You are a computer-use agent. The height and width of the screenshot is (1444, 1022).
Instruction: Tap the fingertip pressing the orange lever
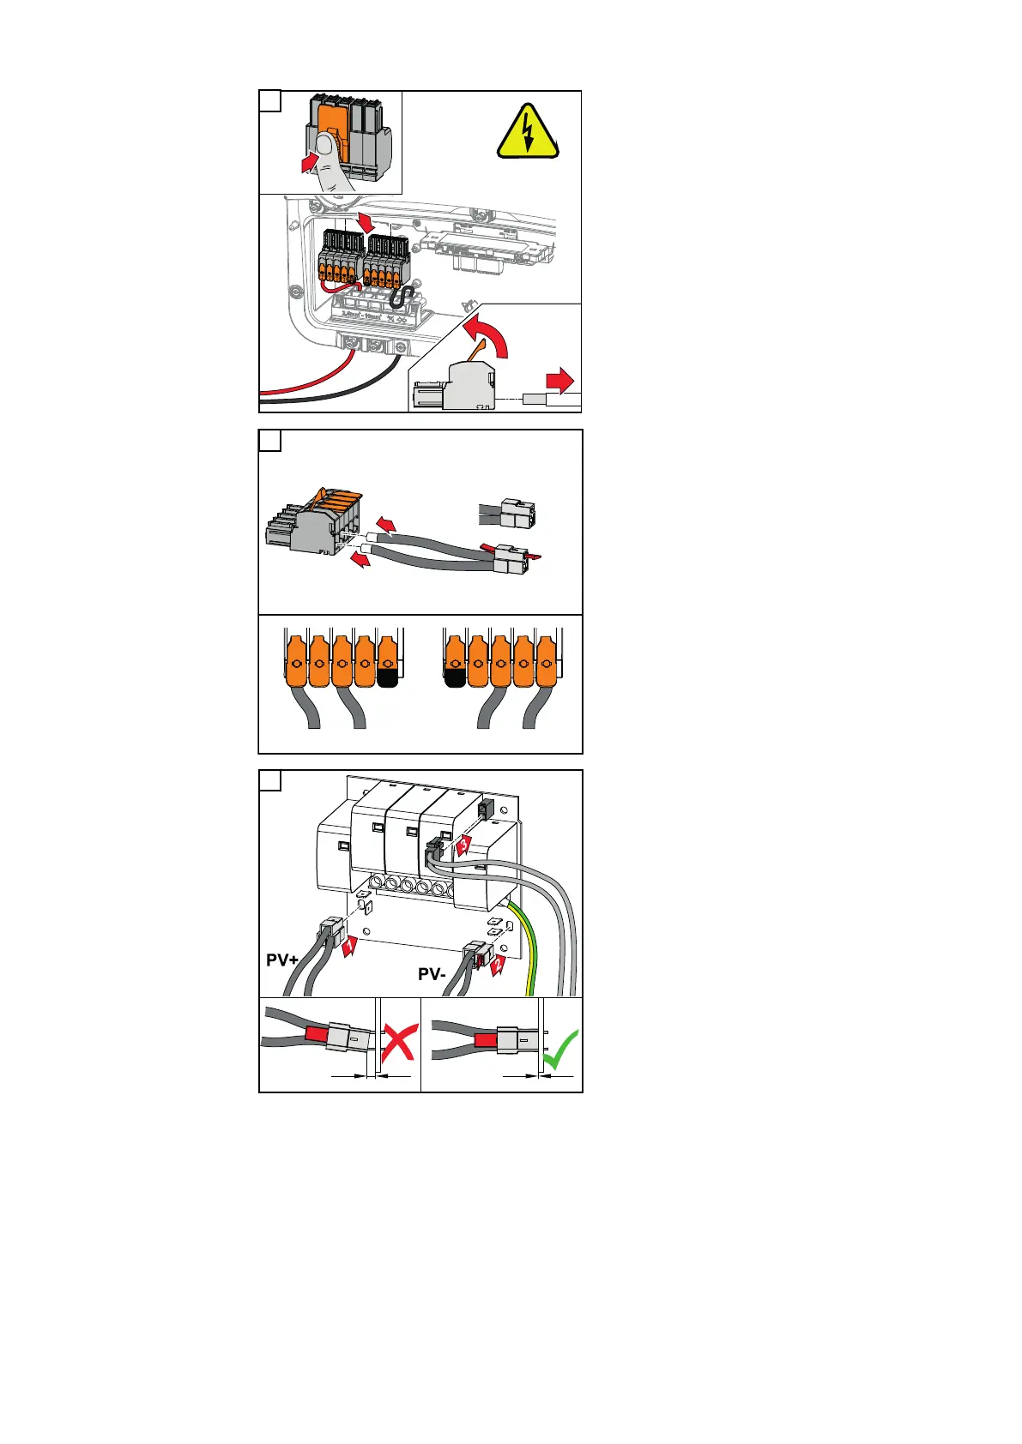[x=327, y=146]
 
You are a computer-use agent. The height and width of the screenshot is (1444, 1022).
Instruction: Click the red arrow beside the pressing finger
[x=307, y=162]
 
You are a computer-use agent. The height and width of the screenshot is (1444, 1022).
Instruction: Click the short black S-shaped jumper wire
[x=400, y=297]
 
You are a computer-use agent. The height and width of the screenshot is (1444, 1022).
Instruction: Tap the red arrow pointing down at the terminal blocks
[x=367, y=221]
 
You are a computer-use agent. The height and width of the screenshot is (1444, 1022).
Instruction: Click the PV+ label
[x=282, y=960]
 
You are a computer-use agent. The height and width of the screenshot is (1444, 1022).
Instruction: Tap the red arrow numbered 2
[x=497, y=966]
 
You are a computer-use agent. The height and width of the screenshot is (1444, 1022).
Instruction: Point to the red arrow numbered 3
[x=463, y=845]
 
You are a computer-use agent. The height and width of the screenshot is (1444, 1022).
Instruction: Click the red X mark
[x=397, y=1052]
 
